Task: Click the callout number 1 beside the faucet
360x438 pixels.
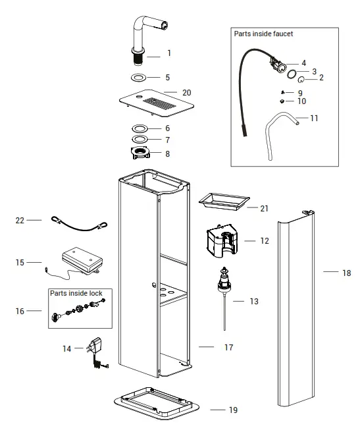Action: [169, 53]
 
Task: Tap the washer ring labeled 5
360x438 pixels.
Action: [140, 78]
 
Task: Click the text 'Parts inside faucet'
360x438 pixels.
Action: [263, 34]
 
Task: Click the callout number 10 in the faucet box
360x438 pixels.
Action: [301, 101]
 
